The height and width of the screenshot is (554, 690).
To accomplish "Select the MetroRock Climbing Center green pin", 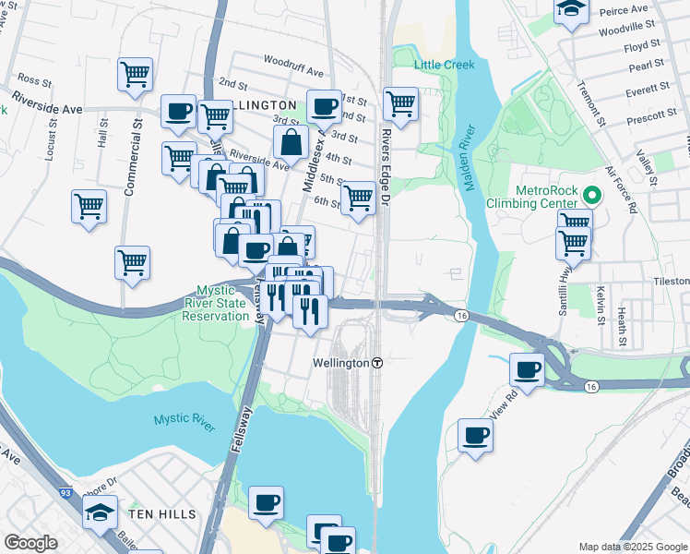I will coord(592,196).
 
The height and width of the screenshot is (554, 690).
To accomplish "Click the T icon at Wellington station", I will coord(377,364).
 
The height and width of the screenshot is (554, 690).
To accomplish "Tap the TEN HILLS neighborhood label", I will coord(164,513).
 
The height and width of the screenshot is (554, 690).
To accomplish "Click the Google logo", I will coord(30,543).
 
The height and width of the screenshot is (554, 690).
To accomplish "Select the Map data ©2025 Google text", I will coord(633,547).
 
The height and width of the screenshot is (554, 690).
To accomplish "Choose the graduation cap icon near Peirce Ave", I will coord(571,10).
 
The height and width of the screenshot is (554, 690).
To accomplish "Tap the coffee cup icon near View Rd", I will coord(528,369).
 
